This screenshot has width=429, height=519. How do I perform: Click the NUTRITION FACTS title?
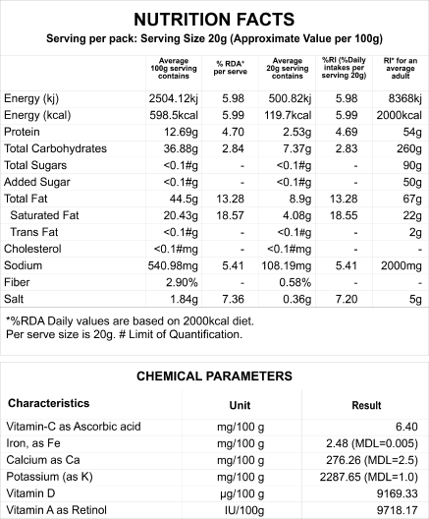pos(214,20)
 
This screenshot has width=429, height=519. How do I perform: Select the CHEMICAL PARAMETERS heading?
pos(214,376)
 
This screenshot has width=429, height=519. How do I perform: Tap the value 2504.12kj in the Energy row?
pos(173,98)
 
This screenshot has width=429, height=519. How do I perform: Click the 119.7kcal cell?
pos(288,115)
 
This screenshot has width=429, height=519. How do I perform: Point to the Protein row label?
pos(22,132)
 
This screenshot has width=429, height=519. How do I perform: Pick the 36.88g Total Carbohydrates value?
pos(181,148)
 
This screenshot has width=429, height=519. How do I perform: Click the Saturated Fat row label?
pos(44,215)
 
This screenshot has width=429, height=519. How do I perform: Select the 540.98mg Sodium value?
pos(173,265)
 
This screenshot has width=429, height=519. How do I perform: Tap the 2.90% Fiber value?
pos(182,282)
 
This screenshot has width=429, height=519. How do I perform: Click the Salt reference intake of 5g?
pos(415,299)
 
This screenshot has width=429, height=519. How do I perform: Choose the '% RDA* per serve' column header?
pos(231,68)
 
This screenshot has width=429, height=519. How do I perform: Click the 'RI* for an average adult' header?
pos(401,68)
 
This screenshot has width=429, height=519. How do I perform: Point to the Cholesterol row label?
pos(32,249)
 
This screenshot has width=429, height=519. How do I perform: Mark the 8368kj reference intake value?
pos(404,98)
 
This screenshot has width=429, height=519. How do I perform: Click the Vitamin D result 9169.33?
pos(398,493)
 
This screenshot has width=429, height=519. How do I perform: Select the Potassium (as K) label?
pos(50,477)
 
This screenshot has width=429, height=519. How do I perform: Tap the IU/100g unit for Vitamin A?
pos(244,510)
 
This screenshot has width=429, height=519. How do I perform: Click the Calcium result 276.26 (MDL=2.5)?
pos(372,460)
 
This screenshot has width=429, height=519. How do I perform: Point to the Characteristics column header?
pos(48,403)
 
